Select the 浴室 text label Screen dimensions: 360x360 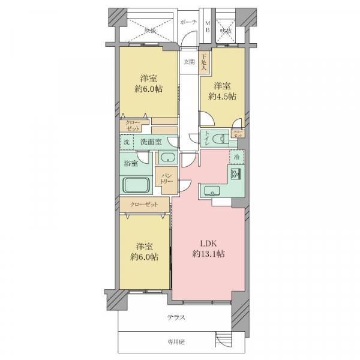(x=131, y=162)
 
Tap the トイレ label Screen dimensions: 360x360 (x=206, y=137)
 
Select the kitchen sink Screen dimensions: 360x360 (x=212, y=191)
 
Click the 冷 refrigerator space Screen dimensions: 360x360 (x=237, y=157)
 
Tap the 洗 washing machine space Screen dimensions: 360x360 (x=127, y=143)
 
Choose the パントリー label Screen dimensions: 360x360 (x=166, y=178)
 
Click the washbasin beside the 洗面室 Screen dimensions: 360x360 (x=166, y=158)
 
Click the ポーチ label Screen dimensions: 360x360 (x=188, y=22)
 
